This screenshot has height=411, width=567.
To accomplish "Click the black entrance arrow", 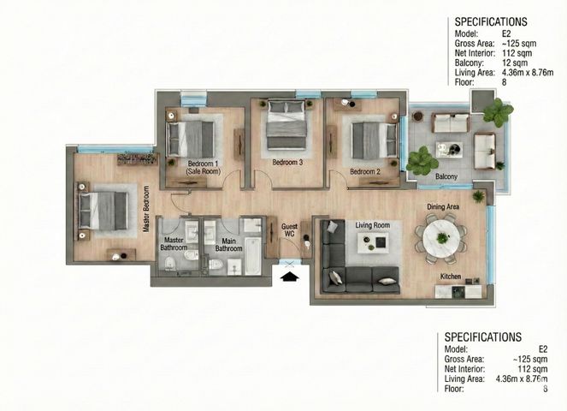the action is (290, 277).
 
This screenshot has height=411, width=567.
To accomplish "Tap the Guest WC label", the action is (289, 230).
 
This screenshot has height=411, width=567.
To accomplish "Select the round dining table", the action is (441, 239).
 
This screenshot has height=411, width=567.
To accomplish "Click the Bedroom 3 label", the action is (287, 162).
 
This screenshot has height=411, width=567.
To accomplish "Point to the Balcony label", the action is (446, 176).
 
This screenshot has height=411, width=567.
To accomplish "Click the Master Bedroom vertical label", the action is (146, 209).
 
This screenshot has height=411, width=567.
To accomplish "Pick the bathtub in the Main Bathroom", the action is (253, 256).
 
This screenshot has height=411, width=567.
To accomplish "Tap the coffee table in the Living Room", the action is (373, 242).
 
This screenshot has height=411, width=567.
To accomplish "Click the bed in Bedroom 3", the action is (286, 124).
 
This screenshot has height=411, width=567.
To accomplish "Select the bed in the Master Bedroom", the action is (103, 211).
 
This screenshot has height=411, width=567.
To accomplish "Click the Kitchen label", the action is (451, 277).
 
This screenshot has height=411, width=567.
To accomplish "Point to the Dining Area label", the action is (443, 206).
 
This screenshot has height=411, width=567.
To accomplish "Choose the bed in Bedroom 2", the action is (375, 140).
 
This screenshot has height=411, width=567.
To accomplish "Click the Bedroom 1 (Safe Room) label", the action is (204, 168).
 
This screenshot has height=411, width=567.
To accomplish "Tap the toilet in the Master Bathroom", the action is (169, 263).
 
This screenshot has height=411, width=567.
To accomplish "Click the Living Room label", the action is (373, 225).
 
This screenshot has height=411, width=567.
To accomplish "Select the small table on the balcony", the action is (449, 150).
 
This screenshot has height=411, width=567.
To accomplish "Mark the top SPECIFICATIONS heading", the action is (491, 21).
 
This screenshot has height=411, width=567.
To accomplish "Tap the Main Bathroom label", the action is (228, 245).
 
